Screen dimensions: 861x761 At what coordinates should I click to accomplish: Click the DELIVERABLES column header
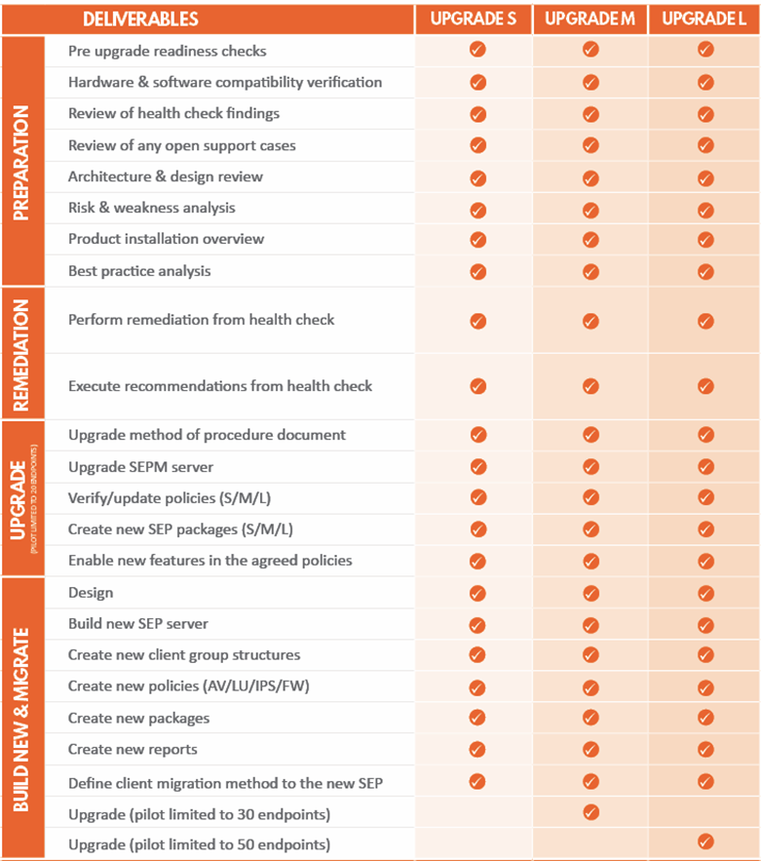click(140, 20)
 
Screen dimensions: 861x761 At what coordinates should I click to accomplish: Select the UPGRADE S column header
click(474, 20)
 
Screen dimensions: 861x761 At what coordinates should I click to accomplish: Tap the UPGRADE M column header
click(590, 20)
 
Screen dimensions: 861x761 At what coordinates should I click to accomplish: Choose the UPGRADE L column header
click(704, 20)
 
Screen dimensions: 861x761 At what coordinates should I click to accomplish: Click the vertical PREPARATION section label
click(23, 161)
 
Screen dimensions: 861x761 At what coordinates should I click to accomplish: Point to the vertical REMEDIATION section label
click(23, 353)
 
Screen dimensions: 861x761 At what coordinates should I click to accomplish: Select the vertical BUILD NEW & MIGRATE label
click(23, 718)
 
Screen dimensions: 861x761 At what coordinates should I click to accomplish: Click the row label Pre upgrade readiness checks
click(167, 51)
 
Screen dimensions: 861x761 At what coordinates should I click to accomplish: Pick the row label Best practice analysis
click(139, 270)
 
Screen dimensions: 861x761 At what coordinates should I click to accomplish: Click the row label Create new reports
click(133, 749)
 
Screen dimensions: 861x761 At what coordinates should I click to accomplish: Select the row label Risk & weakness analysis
click(151, 208)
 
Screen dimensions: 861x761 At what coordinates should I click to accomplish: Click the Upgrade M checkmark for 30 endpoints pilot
click(590, 812)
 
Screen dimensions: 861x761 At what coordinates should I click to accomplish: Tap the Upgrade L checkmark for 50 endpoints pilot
click(705, 842)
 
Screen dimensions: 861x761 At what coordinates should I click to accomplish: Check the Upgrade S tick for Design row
click(477, 593)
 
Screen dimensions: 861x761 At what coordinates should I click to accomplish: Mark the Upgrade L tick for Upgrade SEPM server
click(705, 466)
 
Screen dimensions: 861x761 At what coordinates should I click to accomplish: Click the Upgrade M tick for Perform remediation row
click(590, 320)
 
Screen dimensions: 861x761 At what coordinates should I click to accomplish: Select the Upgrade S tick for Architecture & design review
click(477, 177)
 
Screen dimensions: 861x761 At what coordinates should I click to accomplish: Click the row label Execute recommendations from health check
click(220, 386)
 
